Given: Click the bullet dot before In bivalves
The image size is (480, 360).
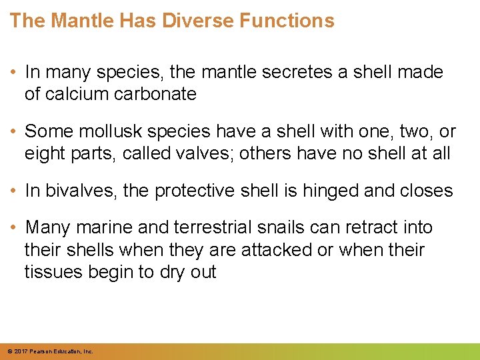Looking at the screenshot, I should pos(15,191).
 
